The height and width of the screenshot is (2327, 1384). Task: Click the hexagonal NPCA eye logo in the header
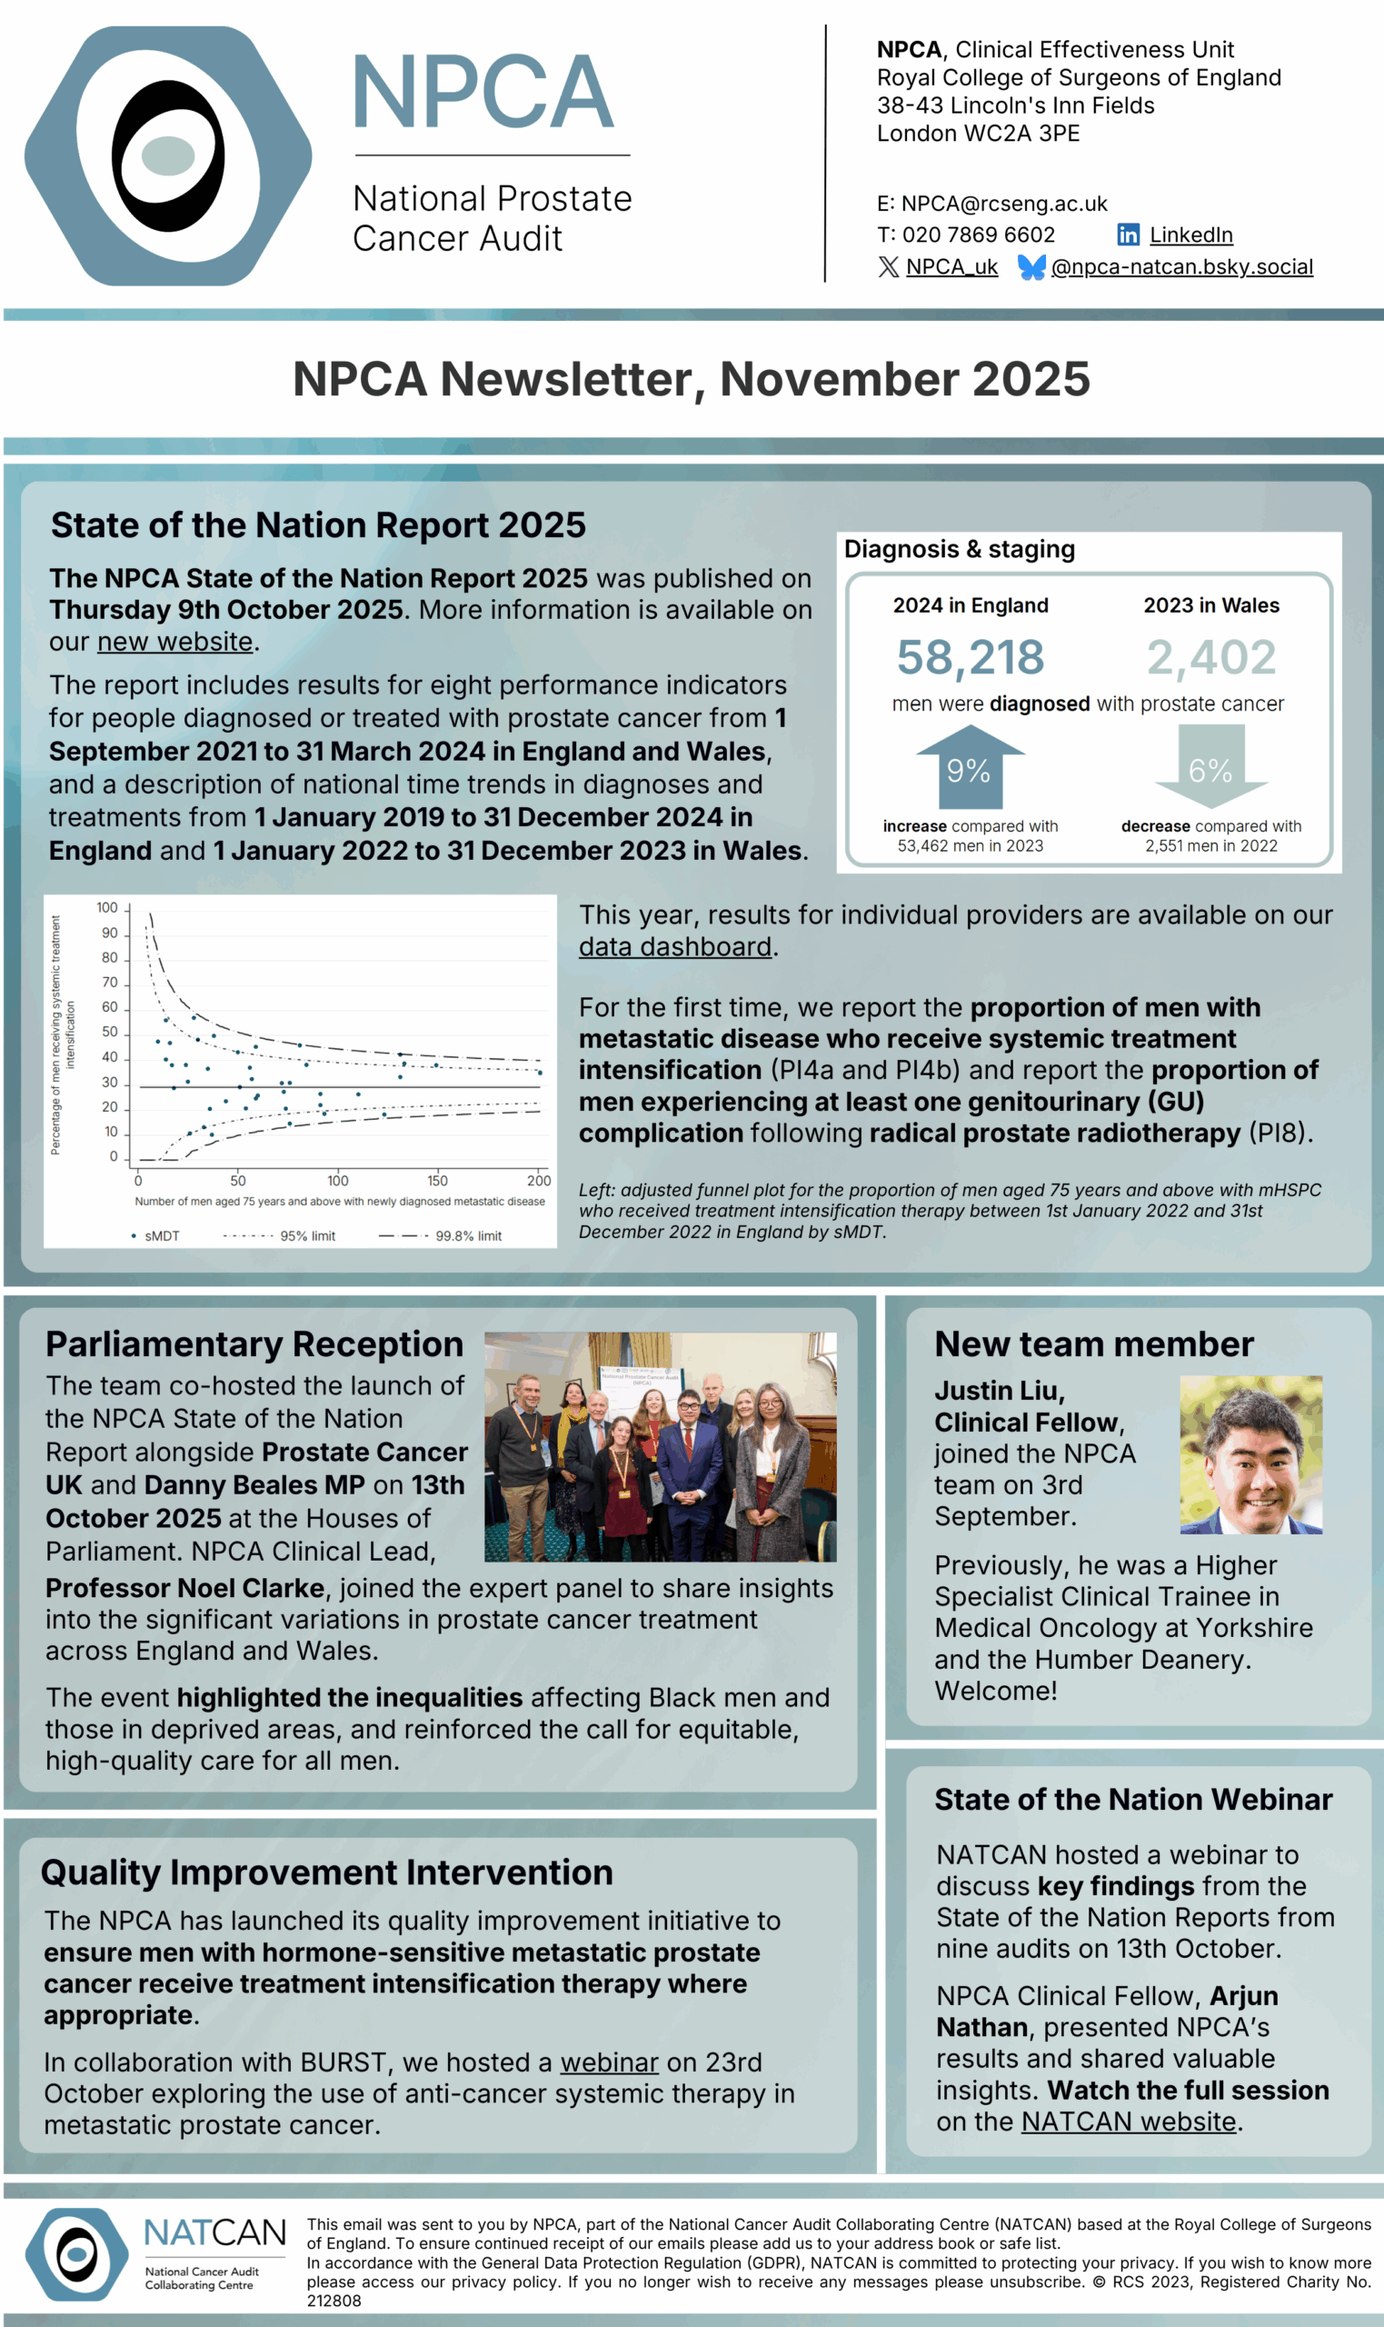click(x=168, y=155)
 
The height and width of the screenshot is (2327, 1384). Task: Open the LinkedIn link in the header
click(x=1190, y=235)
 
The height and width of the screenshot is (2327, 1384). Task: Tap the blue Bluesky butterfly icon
click(x=1031, y=267)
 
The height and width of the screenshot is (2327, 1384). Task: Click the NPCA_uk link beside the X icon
click(x=951, y=267)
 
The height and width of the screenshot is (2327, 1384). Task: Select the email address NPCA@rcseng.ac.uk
click(x=1003, y=204)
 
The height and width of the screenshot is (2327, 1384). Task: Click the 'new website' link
click(x=175, y=642)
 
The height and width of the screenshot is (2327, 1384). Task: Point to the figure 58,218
click(x=970, y=657)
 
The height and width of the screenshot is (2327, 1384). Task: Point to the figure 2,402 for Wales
click(x=1210, y=657)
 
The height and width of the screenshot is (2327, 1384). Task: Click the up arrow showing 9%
click(x=969, y=767)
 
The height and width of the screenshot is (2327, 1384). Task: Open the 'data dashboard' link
click(x=675, y=946)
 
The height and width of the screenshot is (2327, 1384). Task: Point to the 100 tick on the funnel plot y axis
click(x=107, y=907)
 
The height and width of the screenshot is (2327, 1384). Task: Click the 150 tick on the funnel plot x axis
click(x=437, y=1181)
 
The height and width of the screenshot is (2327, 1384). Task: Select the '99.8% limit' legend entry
click(x=467, y=1236)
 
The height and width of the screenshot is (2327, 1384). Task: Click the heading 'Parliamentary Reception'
click(x=254, y=1344)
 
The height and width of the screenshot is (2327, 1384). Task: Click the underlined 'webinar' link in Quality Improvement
click(x=609, y=2062)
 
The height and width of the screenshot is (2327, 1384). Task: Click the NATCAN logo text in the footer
click(x=214, y=2232)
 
